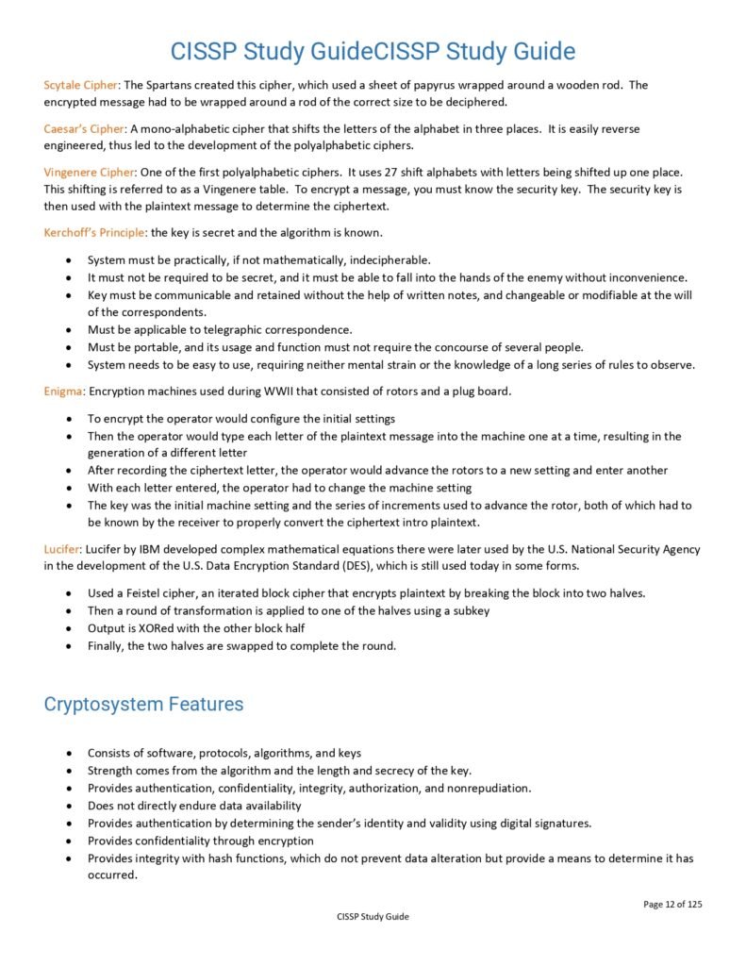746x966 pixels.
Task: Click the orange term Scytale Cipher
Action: point(81,85)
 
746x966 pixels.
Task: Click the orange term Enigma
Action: point(64,391)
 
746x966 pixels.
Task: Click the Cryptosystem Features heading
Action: point(143,705)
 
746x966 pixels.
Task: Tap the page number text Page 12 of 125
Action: point(672,904)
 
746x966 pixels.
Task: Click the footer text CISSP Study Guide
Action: point(373,916)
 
